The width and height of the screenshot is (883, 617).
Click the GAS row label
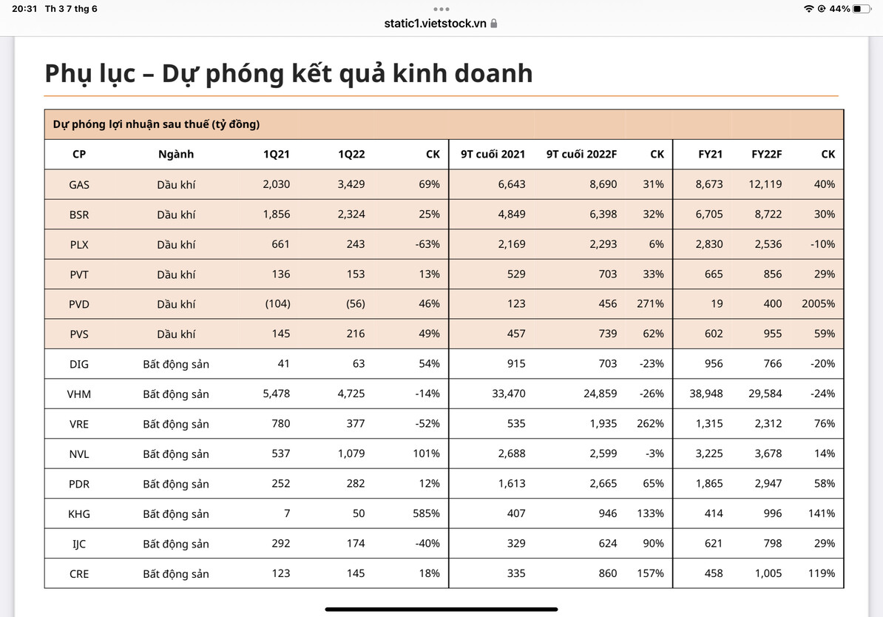tap(79, 184)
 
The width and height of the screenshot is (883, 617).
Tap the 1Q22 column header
tap(351, 155)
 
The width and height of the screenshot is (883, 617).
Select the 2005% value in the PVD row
tap(818, 304)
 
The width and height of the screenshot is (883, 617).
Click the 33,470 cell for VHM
tap(509, 394)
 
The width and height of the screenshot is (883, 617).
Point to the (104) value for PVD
tap(276, 304)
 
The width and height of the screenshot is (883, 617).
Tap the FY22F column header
tap(766, 155)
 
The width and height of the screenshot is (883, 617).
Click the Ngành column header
tap(176, 155)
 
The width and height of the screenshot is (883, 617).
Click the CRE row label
tap(78, 573)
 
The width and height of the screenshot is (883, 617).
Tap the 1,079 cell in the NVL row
tap(351, 454)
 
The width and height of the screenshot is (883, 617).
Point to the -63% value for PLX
tap(427, 244)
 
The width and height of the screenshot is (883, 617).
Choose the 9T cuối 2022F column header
tap(581, 155)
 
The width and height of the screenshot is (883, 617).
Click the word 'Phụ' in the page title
tap(70, 74)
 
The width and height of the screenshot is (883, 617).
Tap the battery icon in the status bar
tap(862, 9)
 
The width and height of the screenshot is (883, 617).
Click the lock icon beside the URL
tap(494, 24)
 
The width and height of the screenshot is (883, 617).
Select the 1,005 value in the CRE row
tap(768, 573)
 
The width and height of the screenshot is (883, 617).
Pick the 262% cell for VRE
tap(650, 424)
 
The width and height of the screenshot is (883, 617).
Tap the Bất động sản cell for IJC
tap(176, 544)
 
